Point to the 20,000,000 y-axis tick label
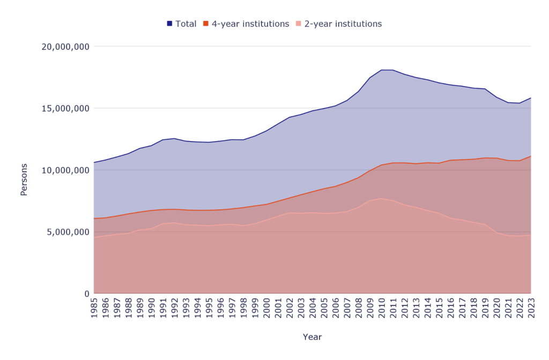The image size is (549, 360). (x=65, y=47)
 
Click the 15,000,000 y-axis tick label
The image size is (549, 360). (x=65, y=108)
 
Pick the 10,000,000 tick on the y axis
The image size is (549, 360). (x=65, y=170)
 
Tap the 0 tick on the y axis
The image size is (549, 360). (x=86, y=294)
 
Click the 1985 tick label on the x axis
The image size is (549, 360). (x=94, y=309)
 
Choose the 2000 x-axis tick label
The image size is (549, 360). (x=266, y=309)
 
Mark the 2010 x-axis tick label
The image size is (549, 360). (x=381, y=309)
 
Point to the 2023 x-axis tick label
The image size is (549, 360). (x=531, y=309)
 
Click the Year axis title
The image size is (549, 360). (x=312, y=337)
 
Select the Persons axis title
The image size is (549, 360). (x=24, y=180)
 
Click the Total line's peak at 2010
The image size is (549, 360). (x=381, y=70)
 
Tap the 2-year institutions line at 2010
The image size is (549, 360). (x=381, y=199)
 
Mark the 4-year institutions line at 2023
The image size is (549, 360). (x=531, y=156)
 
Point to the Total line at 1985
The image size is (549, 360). (x=94, y=162)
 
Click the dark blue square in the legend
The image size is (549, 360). (x=169, y=24)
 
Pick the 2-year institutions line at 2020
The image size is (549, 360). (x=496, y=232)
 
